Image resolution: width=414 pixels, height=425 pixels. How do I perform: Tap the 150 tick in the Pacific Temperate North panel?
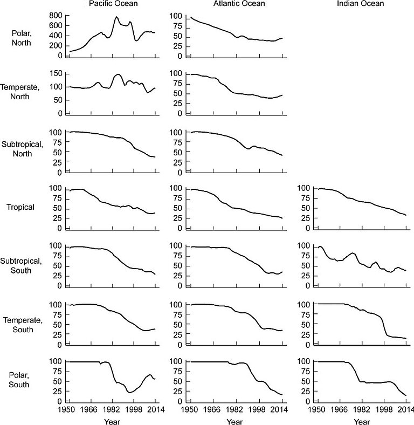point(56,73)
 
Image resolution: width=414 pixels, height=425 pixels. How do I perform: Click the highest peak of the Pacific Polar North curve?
point(116,17)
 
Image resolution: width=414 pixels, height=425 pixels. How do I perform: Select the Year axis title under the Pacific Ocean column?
point(113,421)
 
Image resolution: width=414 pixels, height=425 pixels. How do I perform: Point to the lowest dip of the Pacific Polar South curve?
point(129,392)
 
